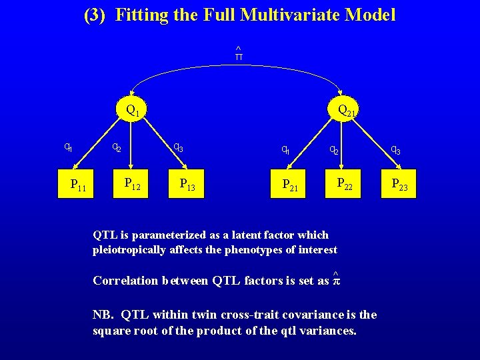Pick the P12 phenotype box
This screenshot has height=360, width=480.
click(133, 183)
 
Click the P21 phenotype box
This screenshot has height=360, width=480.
click(291, 185)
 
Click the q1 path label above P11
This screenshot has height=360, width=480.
click(68, 147)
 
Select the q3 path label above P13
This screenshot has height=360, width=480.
click(178, 147)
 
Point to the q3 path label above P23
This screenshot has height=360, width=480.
click(395, 151)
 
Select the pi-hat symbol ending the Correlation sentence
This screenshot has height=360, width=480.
click(336, 280)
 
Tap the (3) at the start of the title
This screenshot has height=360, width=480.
click(95, 15)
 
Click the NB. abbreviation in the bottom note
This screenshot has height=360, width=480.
click(103, 315)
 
